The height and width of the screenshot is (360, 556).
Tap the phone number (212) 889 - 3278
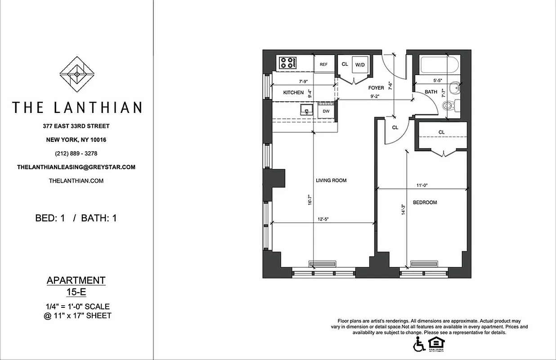tap(76, 153)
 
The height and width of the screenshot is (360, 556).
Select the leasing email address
tap(76, 167)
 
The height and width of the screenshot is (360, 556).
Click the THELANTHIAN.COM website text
tap(76, 181)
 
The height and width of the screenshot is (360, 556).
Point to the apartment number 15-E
tap(76, 292)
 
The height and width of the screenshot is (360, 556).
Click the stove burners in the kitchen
tap(287, 63)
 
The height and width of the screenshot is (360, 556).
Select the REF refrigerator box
tap(323, 64)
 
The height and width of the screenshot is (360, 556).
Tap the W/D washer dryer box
tap(360, 65)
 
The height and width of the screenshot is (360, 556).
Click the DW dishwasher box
tap(326, 111)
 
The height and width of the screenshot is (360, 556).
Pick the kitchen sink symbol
tap(308, 110)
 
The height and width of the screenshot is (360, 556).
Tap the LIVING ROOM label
tap(331, 180)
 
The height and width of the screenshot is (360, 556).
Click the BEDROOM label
tap(425, 202)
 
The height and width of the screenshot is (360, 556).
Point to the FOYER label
tap(376, 88)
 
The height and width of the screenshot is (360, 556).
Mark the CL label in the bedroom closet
tap(441, 132)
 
